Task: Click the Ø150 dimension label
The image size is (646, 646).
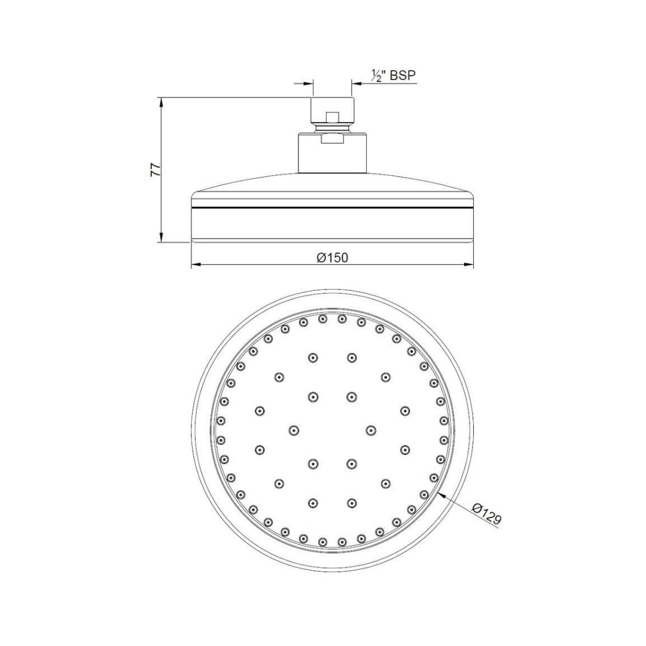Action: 333,257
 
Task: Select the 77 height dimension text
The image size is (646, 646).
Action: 155,170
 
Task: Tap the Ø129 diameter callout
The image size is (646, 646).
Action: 486,516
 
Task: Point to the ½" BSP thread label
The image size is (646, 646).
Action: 393,75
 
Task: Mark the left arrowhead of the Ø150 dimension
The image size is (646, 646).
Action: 195,264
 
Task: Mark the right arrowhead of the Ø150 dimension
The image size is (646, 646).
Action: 470,264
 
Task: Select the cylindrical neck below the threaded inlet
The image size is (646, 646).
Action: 332,154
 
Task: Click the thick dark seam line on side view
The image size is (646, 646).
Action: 332,208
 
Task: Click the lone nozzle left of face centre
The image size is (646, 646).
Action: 294,430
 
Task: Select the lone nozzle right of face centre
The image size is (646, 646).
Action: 371,430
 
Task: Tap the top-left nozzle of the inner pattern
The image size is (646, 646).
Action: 313,358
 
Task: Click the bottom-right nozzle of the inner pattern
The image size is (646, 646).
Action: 351,502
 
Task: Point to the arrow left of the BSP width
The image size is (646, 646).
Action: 309,83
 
